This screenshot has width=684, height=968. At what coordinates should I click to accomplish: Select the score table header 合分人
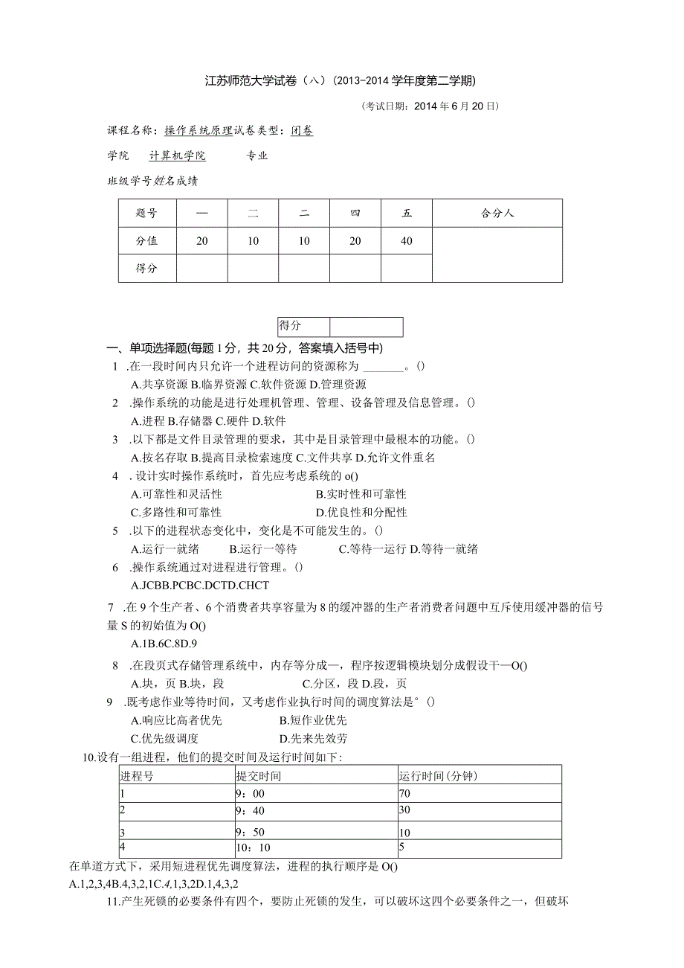[497, 214]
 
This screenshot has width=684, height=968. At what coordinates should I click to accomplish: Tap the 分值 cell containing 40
[406, 241]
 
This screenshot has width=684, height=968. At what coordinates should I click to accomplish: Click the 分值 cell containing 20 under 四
[355, 241]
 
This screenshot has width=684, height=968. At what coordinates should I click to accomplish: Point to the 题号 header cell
[147, 214]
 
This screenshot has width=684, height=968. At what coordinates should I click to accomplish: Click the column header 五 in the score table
[406, 214]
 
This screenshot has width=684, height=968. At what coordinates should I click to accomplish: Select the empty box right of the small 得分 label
[366, 327]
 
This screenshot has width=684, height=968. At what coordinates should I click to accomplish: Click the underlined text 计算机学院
[177, 156]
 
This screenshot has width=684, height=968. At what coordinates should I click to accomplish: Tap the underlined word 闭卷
[302, 131]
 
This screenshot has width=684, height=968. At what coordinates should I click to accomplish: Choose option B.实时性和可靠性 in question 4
[361, 494]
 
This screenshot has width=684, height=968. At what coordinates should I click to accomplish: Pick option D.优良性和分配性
[361, 513]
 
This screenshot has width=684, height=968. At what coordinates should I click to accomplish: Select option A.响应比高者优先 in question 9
[176, 720]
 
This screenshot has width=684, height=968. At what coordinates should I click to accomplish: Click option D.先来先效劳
[313, 739]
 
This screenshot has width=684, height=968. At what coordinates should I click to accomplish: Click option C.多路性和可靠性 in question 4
[176, 513]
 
